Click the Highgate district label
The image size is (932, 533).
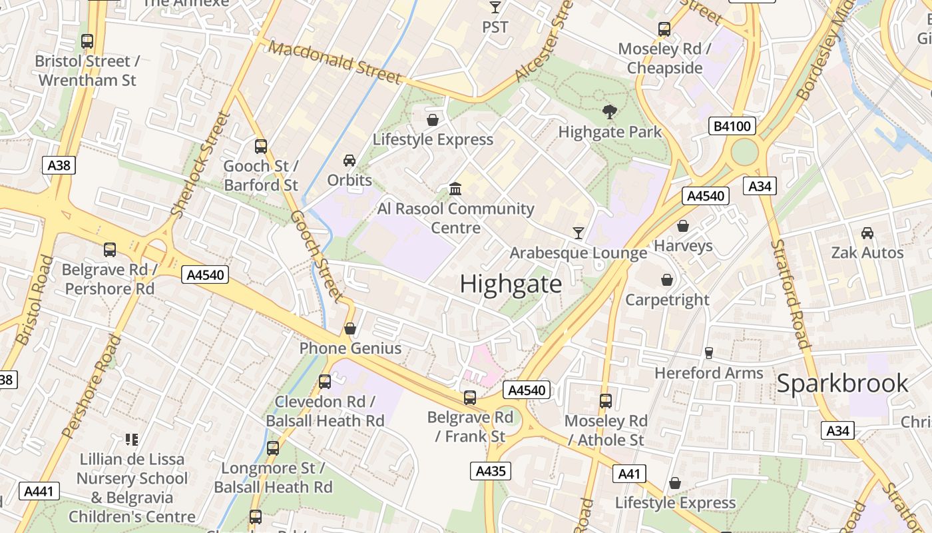click(511, 284)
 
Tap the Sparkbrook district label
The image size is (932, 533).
click(842, 383)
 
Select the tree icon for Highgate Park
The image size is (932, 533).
click(608, 111)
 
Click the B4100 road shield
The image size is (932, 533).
click(732, 126)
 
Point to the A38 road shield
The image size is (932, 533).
click(59, 165)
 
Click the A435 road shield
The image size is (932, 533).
click(491, 471)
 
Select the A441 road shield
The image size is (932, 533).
click(39, 492)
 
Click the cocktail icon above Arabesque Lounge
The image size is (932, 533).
click(578, 233)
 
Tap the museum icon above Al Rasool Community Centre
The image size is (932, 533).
click(455, 189)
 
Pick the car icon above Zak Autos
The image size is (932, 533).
click(867, 233)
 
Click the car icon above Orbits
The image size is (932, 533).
click(349, 161)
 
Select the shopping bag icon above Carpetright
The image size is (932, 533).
click(667, 280)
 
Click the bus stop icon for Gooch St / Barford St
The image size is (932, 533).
click(261, 146)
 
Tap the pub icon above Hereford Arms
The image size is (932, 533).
click(708, 352)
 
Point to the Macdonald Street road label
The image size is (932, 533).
click(336, 63)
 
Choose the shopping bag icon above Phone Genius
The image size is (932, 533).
click(350, 328)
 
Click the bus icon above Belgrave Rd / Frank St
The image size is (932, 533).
click(470, 398)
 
